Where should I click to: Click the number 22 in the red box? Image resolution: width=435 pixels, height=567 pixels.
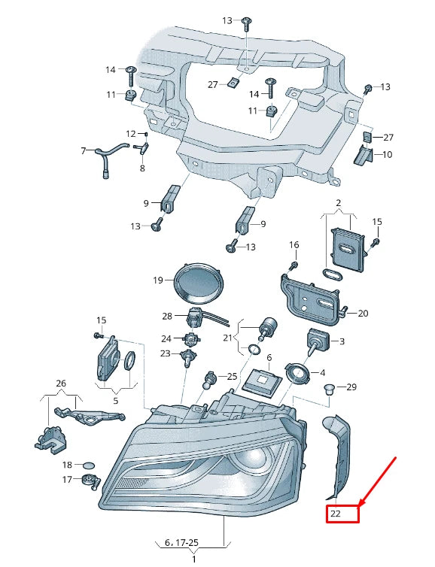336,514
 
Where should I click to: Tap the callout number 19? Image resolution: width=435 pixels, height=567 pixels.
158,280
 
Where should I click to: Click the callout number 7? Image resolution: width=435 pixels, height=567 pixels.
84,151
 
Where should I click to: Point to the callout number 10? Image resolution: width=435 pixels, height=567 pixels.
388,155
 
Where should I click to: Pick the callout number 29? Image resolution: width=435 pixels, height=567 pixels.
351,387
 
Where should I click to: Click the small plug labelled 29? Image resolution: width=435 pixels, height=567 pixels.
328,389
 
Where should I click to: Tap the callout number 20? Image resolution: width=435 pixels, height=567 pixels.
363,314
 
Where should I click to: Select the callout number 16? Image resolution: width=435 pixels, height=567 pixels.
294,245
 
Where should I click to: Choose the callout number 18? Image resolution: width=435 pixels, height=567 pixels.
67,465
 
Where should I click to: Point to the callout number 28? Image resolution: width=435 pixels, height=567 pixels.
167,316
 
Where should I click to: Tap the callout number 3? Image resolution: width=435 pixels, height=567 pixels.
342,341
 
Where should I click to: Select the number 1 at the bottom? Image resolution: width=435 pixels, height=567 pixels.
193,559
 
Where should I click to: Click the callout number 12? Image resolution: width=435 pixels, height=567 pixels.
131,134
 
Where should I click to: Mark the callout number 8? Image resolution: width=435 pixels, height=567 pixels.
141,168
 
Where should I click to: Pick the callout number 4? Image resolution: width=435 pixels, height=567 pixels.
323,372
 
